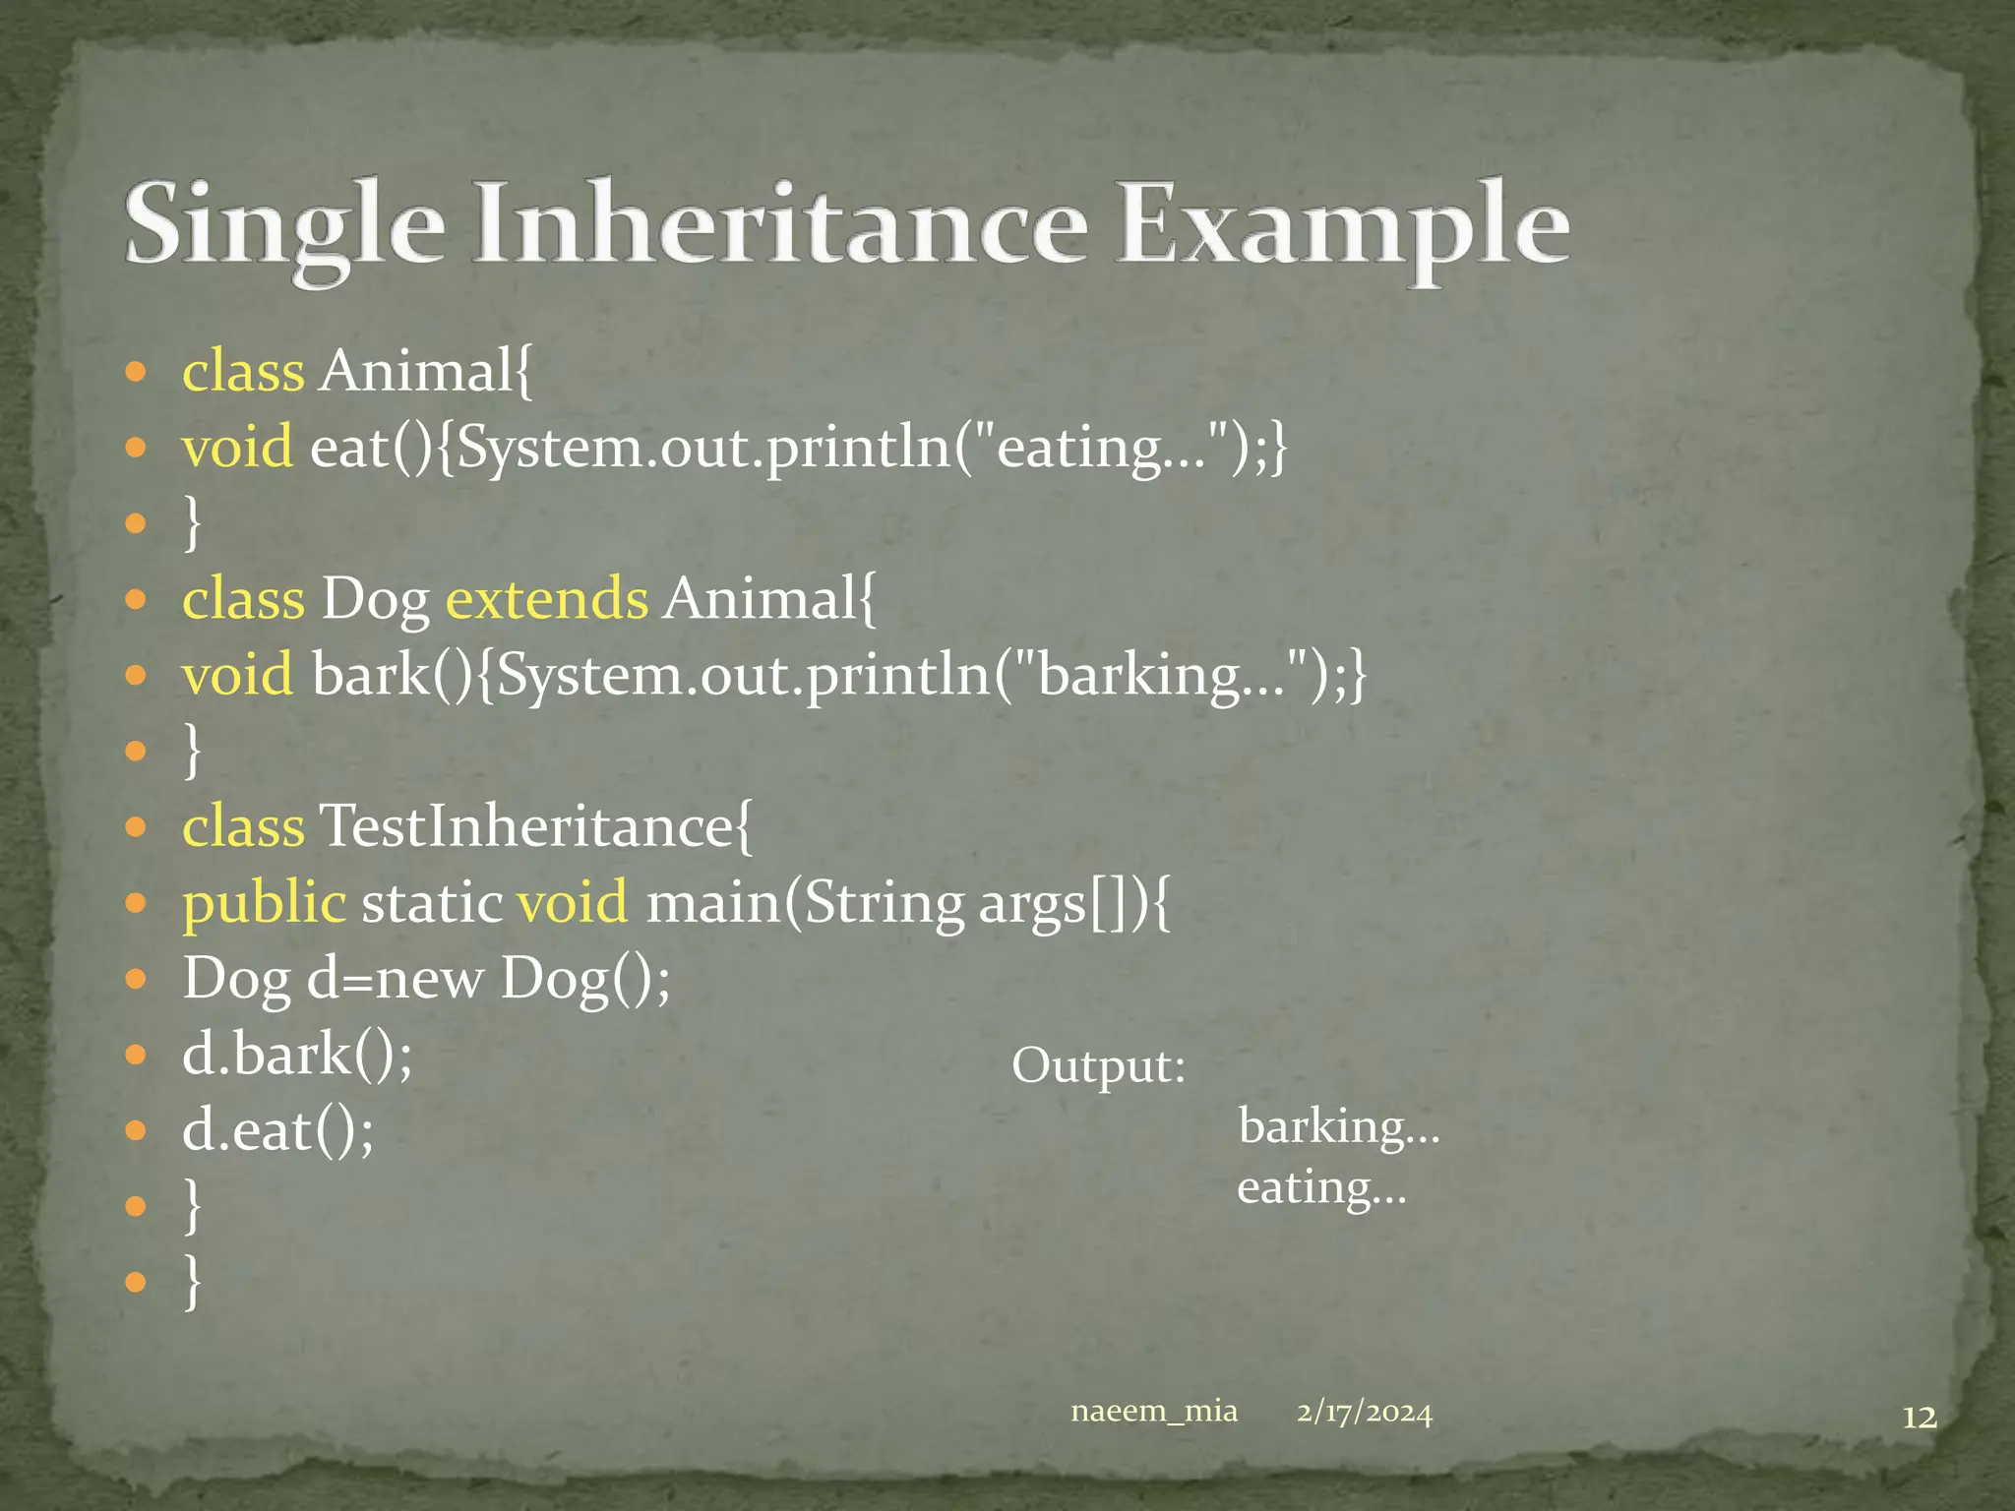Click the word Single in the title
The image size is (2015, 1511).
pyautogui.click(x=285, y=224)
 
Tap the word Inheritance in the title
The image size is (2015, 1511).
pyautogui.click(x=780, y=224)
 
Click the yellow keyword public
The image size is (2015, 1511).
pyautogui.click(x=264, y=903)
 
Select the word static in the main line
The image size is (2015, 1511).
pyautogui.click(x=432, y=903)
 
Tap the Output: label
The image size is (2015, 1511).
pyautogui.click(x=1098, y=1066)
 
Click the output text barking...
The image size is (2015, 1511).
pyautogui.click(x=1338, y=1127)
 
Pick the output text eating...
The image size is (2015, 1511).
pyautogui.click(x=1320, y=1188)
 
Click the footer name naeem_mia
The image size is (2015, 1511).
pyautogui.click(x=1153, y=1412)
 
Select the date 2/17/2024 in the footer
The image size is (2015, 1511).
pyautogui.click(x=1364, y=1413)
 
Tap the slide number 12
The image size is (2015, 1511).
pyautogui.click(x=1919, y=1418)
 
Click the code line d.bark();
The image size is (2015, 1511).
pyautogui.click(x=297, y=1055)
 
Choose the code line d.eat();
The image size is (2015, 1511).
pyautogui.click(x=277, y=1130)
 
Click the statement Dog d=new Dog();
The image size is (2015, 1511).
pyautogui.click(x=426, y=979)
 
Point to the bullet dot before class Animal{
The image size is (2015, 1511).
pyautogui.click(x=136, y=372)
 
